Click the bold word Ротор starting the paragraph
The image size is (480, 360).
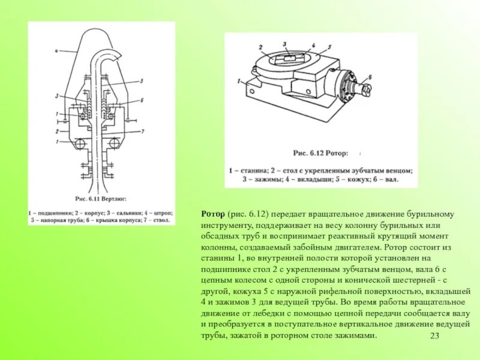pyautogui.click(x=213, y=214)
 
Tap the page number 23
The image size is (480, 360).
pyautogui.click(x=435, y=335)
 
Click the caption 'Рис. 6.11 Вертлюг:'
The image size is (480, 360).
pyautogui.click(x=101, y=197)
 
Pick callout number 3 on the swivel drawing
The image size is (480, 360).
pyautogui.click(x=56, y=95)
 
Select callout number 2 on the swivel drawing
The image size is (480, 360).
pyautogui.click(x=55, y=130)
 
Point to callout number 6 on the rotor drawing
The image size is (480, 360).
pyautogui.click(x=370, y=76)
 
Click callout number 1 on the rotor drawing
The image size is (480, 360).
pyautogui.click(x=238, y=80)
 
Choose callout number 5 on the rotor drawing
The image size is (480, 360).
pyautogui.click(x=329, y=46)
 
